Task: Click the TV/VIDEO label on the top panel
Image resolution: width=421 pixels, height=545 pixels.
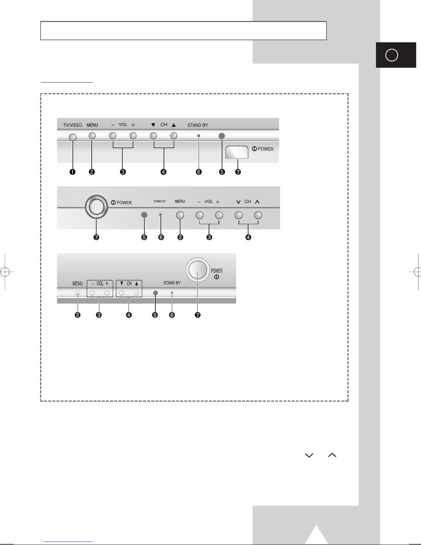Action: point(73,125)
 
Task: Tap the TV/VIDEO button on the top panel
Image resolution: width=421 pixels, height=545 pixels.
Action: point(73,137)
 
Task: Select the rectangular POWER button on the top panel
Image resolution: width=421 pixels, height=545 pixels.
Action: point(237,152)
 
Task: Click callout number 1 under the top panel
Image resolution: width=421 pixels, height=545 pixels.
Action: point(73,172)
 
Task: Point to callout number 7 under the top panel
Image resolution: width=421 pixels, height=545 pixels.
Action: point(238,172)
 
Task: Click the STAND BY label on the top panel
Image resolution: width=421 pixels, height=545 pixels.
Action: point(198,125)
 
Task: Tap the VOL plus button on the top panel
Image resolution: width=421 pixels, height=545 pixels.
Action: point(133,136)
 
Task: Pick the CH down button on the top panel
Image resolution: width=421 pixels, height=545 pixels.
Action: point(153,136)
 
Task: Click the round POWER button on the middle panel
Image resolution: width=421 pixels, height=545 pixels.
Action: point(97,207)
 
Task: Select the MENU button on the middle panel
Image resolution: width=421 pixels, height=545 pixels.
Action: point(180,215)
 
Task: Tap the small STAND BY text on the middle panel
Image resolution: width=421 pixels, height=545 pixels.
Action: point(159,201)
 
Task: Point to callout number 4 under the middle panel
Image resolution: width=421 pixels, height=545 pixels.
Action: point(248,237)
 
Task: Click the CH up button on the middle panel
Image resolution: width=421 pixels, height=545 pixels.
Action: point(258,215)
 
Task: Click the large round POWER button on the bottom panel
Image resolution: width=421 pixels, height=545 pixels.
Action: point(198,270)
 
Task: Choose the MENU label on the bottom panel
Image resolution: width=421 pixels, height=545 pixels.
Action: point(77,283)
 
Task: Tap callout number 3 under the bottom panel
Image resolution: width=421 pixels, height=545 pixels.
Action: point(99,315)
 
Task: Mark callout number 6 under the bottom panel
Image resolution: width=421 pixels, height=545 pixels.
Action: point(172,315)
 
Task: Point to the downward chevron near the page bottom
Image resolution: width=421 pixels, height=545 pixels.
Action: point(309,455)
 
